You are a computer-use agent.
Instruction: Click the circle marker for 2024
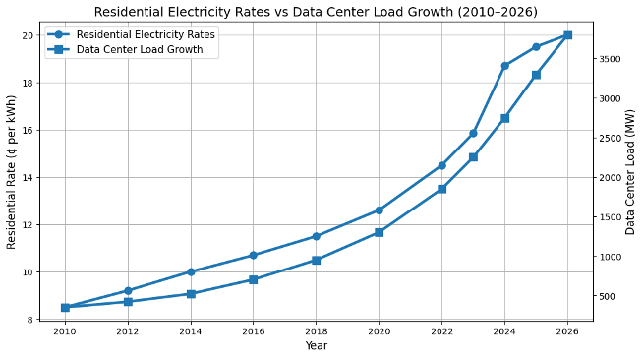pyautogui.click(x=504, y=66)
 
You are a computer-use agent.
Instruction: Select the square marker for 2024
pyautogui.click(x=504, y=118)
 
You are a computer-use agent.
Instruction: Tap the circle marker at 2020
pyautogui.click(x=380, y=210)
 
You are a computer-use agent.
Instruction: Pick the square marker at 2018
pyautogui.click(x=316, y=260)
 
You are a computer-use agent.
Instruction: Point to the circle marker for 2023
pyautogui.click(x=473, y=133)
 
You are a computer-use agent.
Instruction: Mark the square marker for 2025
pyautogui.click(x=536, y=75)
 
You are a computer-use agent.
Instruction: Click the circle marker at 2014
pyautogui.click(x=191, y=271)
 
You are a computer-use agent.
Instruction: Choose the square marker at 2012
pyautogui.click(x=128, y=302)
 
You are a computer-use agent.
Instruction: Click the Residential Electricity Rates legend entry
pyautogui.click(x=132, y=34)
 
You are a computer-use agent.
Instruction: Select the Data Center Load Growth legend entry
pyautogui.click(x=125, y=49)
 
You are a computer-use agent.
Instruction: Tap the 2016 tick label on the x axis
pyautogui.click(x=253, y=331)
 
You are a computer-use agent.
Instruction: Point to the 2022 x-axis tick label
pyautogui.click(x=441, y=331)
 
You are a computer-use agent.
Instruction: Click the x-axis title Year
pyautogui.click(x=317, y=345)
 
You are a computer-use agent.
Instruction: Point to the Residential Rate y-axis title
pyautogui.click(x=11, y=172)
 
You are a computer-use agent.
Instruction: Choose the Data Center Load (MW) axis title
pyautogui.click(x=630, y=172)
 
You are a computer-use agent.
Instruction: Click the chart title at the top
pyautogui.click(x=316, y=12)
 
